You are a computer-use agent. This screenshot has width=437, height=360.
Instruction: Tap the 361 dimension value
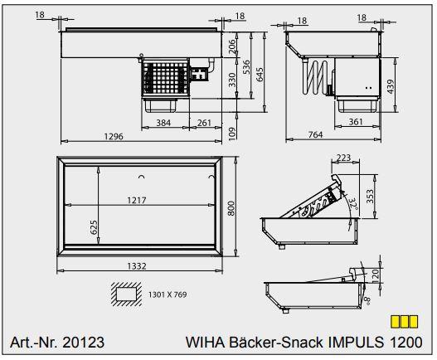tap(355, 123)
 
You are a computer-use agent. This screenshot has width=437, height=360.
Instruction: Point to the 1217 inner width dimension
tap(138, 199)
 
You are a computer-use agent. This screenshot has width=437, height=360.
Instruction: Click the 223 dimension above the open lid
tap(344, 158)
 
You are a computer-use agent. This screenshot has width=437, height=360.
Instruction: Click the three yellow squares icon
tap(403, 321)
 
